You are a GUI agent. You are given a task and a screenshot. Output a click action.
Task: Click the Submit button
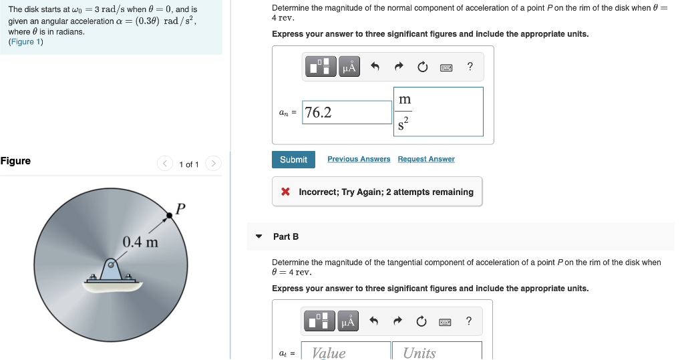(293, 160)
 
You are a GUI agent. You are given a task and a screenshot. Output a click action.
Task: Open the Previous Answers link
(359, 159)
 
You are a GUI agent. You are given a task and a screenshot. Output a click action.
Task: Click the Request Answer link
(426, 159)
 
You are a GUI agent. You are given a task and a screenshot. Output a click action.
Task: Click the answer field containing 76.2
(347, 112)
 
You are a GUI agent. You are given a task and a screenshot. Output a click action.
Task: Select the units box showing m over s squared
(438, 112)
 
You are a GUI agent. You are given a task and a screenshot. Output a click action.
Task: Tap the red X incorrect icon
(285, 192)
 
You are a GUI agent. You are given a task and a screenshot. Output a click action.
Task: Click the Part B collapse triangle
(259, 236)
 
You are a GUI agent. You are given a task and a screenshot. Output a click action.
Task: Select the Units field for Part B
(437, 352)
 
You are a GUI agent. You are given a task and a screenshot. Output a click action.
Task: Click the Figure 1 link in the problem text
(25, 41)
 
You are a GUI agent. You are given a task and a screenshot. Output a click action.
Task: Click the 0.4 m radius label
(140, 241)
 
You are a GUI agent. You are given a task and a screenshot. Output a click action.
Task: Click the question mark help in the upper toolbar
(470, 66)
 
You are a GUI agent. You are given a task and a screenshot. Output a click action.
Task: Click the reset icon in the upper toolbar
(422, 67)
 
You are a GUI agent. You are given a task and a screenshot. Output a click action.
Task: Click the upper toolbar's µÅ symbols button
(349, 67)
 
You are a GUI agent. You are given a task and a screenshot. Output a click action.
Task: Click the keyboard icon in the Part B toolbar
(446, 322)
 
